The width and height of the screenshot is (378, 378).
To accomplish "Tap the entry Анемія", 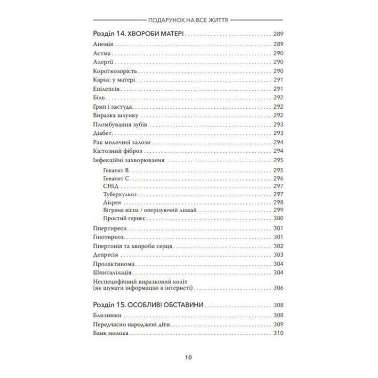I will click(103, 44).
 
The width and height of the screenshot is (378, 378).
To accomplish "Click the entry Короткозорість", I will click(114, 70).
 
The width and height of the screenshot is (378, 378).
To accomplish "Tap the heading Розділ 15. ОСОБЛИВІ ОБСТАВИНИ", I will click(148, 304).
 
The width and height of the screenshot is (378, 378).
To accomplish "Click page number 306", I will click(278, 287).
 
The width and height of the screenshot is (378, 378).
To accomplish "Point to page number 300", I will click(278, 218).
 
